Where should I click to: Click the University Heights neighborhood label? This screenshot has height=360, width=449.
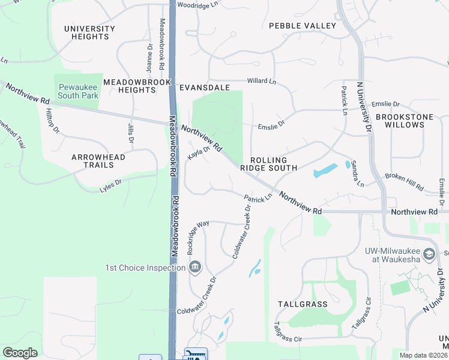click(89, 32)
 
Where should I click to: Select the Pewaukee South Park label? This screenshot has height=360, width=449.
click(78, 91)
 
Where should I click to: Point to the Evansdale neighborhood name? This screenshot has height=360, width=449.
click(205, 88)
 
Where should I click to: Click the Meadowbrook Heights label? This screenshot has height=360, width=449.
click(130, 86)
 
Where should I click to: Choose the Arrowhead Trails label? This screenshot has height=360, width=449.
click(98, 161)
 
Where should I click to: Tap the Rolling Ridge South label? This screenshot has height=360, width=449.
click(268, 164)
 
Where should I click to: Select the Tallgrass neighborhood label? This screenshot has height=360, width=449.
click(303, 304)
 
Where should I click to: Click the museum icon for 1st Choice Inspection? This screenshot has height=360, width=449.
click(194, 267)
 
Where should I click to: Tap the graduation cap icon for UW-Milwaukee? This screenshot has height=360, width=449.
click(429, 254)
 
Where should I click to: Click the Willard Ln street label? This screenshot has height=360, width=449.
click(261, 81)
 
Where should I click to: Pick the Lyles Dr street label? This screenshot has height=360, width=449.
click(110, 186)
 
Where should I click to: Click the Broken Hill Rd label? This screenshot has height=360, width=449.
click(405, 178)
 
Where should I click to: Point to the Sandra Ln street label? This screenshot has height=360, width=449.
click(358, 172)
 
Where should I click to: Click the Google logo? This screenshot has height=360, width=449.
click(20, 353)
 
